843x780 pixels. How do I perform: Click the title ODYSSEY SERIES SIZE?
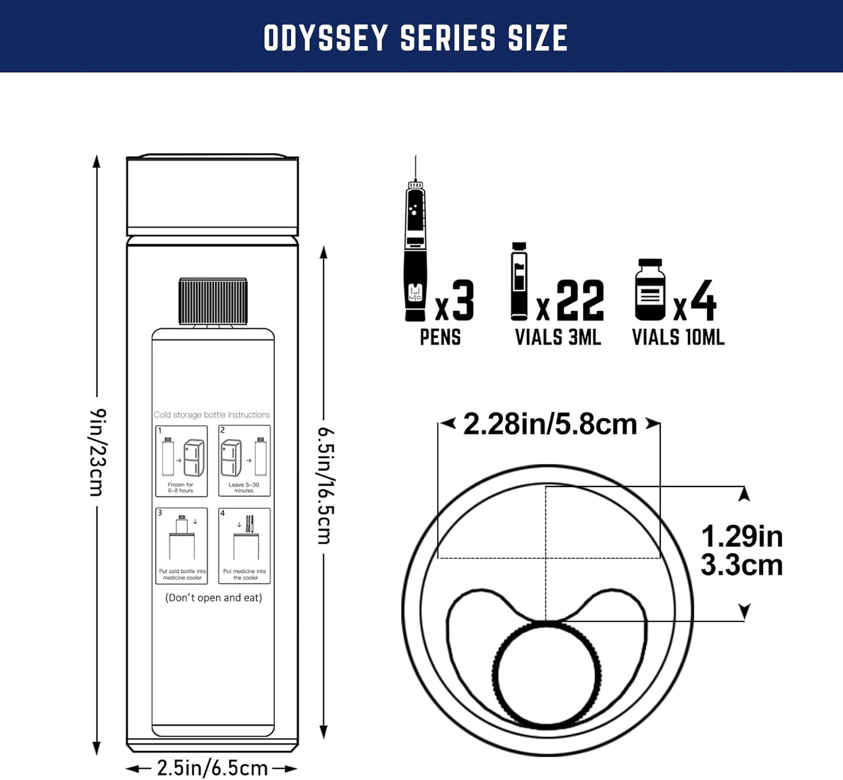[x=415, y=39]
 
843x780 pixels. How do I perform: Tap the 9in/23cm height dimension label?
[x=97, y=453]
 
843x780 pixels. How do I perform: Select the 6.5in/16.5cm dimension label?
[x=325, y=485]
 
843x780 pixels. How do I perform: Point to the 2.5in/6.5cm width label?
[x=212, y=768]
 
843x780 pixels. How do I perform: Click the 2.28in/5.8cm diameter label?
[x=550, y=424]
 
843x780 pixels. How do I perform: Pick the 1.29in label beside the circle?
[x=741, y=537]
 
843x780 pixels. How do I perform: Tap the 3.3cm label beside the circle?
[x=741, y=565]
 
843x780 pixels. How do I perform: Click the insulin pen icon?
[x=415, y=251]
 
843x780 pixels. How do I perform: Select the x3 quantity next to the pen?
[x=455, y=301]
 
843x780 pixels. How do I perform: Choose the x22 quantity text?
[x=570, y=301]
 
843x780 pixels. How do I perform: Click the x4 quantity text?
[x=695, y=301]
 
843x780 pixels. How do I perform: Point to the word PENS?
[x=440, y=337]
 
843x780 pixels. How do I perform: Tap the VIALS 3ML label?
[x=558, y=337]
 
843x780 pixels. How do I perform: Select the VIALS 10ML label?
[x=678, y=337]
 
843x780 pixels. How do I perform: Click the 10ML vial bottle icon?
[x=650, y=290]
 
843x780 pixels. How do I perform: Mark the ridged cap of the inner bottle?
[x=213, y=301]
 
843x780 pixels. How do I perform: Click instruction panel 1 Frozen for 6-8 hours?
[x=181, y=461]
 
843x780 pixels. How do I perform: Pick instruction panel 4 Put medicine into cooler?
[x=244, y=545]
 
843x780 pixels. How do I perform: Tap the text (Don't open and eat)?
[x=214, y=597]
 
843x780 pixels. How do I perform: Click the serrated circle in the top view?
[x=547, y=676]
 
